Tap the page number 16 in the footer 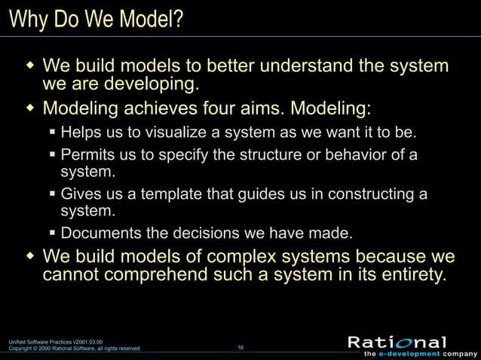(x=240, y=347)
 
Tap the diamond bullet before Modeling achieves (x=30, y=108)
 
